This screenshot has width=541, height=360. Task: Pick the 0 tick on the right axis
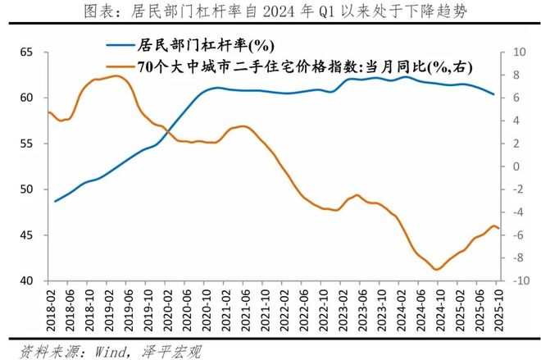[519, 166]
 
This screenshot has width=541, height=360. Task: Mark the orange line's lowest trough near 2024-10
[436, 269]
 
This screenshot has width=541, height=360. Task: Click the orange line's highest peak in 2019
[116, 76]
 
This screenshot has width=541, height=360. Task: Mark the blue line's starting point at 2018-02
[55, 201]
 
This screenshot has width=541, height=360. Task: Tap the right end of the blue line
[493, 94]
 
